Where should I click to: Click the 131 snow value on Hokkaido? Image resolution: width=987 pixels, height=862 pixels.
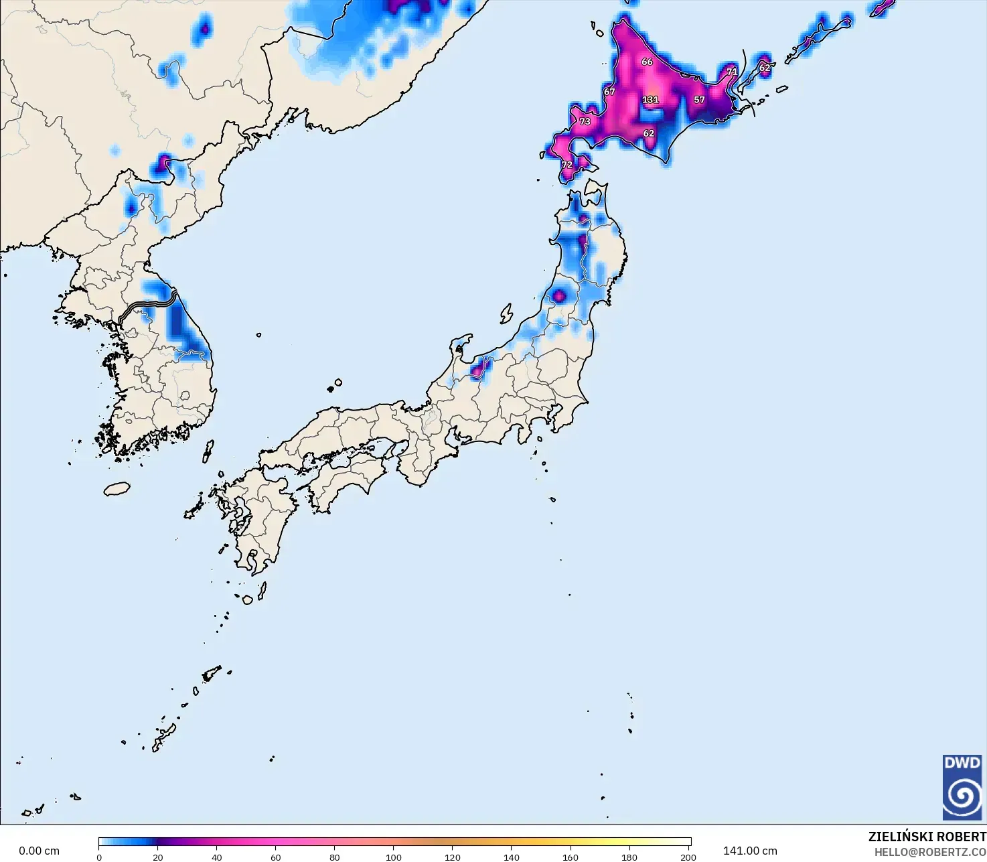click(650, 100)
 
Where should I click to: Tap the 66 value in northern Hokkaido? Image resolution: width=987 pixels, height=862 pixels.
click(647, 62)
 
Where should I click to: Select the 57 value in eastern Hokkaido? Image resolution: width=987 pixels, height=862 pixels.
click(699, 100)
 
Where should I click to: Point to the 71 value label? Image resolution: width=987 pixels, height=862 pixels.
click(732, 72)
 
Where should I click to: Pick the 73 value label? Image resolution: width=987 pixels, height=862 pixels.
click(585, 122)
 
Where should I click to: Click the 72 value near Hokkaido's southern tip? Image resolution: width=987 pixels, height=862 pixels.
click(567, 165)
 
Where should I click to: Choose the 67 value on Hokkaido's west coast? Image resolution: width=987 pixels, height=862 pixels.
click(609, 92)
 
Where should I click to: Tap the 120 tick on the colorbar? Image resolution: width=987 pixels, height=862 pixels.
click(453, 857)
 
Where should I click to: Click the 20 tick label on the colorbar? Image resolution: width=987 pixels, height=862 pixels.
click(158, 857)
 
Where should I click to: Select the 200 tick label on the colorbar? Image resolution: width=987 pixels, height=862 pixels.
click(688, 857)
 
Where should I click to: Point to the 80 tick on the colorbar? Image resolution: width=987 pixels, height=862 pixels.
click(335, 857)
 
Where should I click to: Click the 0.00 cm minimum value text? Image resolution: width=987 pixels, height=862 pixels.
click(39, 851)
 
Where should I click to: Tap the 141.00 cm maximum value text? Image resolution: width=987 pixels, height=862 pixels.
click(750, 851)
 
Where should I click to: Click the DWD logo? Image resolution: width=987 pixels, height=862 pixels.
click(962, 787)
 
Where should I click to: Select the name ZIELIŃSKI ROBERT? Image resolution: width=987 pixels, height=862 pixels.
click(927, 837)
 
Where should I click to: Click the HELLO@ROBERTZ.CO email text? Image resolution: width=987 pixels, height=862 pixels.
click(930, 851)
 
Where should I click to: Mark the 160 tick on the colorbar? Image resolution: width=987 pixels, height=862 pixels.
click(571, 857)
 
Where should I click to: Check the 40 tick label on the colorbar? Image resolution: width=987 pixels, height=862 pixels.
click(217, 857)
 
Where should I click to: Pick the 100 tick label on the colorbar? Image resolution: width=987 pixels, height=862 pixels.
click(394, 857)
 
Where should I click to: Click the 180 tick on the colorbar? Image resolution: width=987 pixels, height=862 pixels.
click(629, 857)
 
